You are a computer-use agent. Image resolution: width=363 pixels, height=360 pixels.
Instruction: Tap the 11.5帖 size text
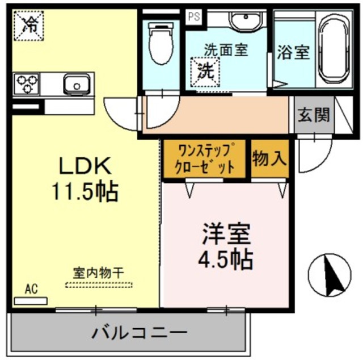(85, 192)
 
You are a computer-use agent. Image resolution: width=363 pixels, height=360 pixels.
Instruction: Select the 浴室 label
(293, 53)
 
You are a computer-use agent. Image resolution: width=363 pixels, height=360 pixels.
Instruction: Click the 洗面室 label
(226, 50)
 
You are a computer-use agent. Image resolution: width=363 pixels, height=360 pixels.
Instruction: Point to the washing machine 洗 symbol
(204, 72)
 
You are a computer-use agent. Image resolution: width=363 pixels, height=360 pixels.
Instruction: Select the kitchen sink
(74, 85)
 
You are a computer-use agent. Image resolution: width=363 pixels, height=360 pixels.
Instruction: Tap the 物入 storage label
(269, 158)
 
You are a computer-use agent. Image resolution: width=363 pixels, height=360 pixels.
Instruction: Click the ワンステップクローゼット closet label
(206, 159)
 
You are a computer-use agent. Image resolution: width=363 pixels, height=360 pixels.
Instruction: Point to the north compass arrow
(328, 275)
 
